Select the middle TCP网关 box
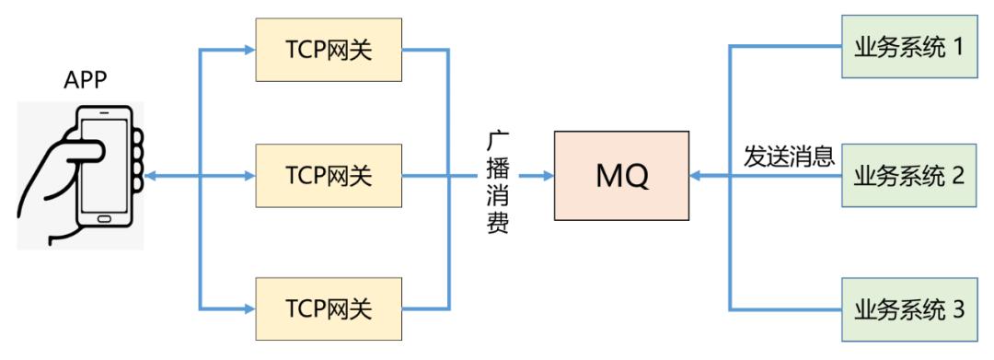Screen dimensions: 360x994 pos(329,174)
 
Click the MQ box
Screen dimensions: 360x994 pos(621,175)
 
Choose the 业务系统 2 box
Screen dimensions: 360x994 pos(908,174)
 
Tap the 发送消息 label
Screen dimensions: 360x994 pos(789,157)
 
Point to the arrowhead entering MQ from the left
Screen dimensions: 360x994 pos(547,175)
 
